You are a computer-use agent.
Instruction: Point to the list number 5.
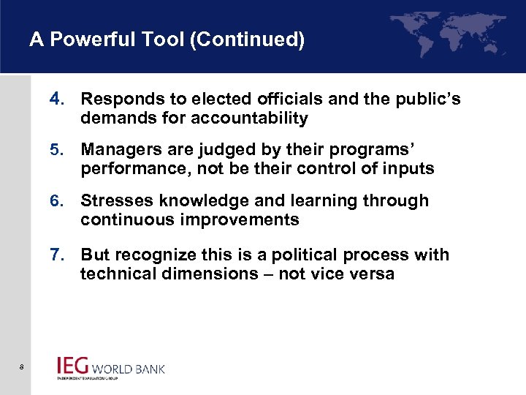(x=56, y=149)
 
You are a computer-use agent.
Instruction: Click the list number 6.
(x=56, y=200)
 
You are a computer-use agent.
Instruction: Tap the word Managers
(x=118, y=149)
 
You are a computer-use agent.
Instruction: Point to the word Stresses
(x=115, y=200)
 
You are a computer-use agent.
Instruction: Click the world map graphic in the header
(x=448, y=33)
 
